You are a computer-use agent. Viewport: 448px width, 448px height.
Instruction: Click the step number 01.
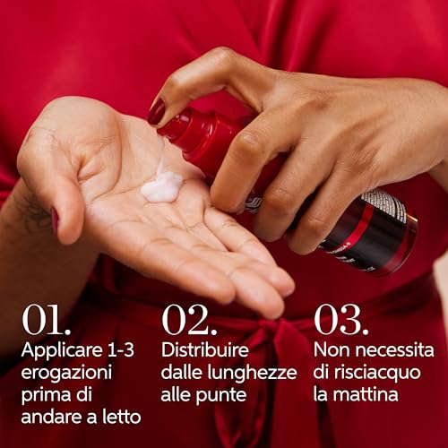click(47, 320)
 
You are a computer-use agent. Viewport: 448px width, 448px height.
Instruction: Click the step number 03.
click(340, 320)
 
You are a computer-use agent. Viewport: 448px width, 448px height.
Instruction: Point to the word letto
click(119, 417)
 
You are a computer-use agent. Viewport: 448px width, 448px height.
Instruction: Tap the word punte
click(224, 394)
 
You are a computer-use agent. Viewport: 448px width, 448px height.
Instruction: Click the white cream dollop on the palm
click(162, 186)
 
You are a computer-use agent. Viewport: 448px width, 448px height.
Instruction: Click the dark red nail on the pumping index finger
click(157, 111)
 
